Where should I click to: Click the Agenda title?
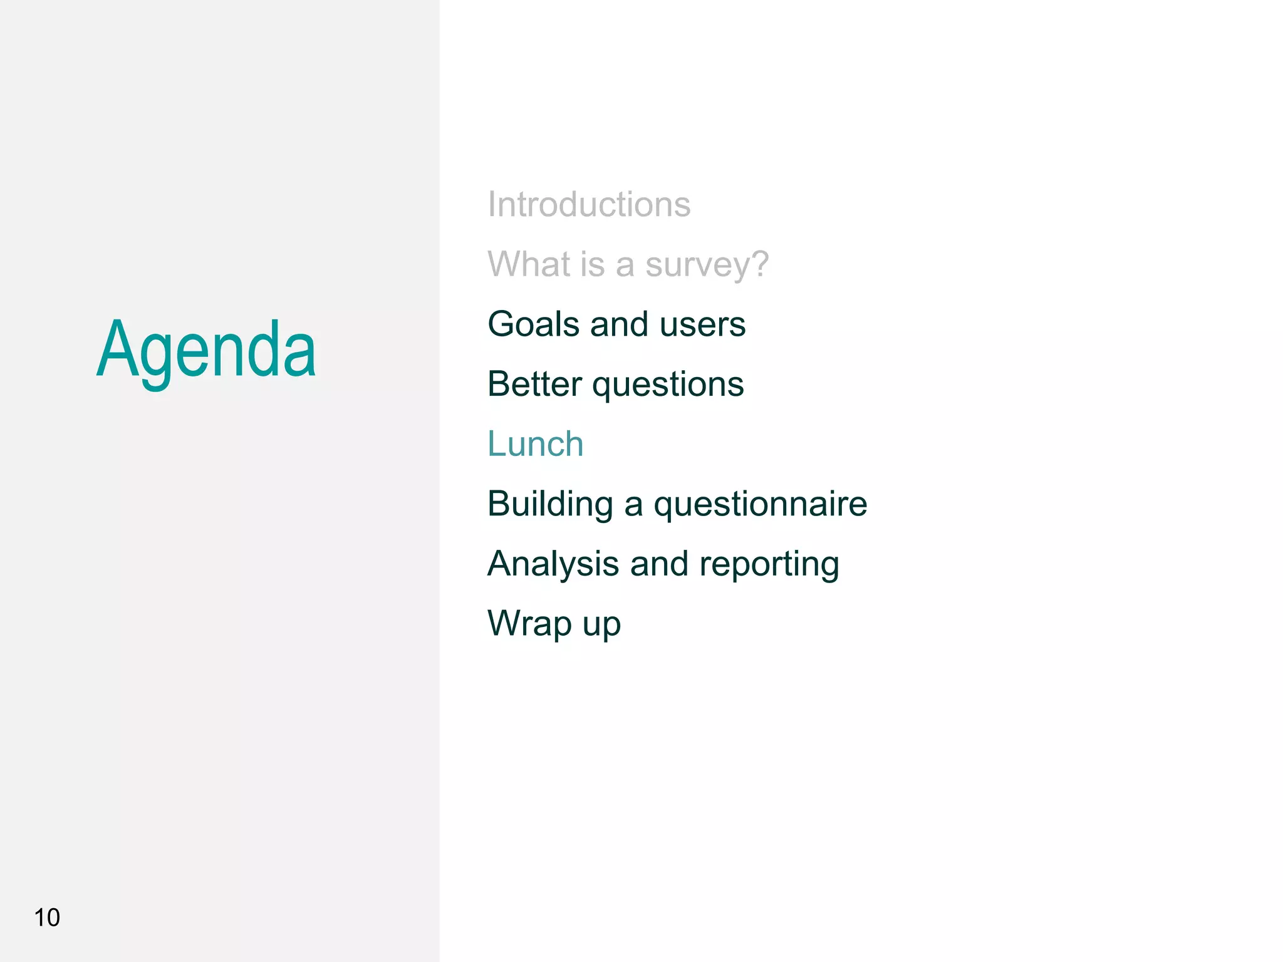[x=206, y=350]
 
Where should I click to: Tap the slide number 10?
[x=47, y=918]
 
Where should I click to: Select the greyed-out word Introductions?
[x=589, y=204]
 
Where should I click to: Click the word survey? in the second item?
[x=707, y=265]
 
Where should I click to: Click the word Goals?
[x=534, y=324]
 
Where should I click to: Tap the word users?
[x=702, y=325]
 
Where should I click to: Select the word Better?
[x=534, y=384]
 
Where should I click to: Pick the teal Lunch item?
[x=536, y=444]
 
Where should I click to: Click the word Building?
[x=550, y=504]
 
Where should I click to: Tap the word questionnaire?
[x=760, y=504]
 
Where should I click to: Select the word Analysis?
[x=553, y=564]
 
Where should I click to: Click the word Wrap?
[x=529, y=624]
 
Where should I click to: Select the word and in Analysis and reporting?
[x=658, y=564]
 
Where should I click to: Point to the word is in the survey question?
[x=592, y=264]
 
